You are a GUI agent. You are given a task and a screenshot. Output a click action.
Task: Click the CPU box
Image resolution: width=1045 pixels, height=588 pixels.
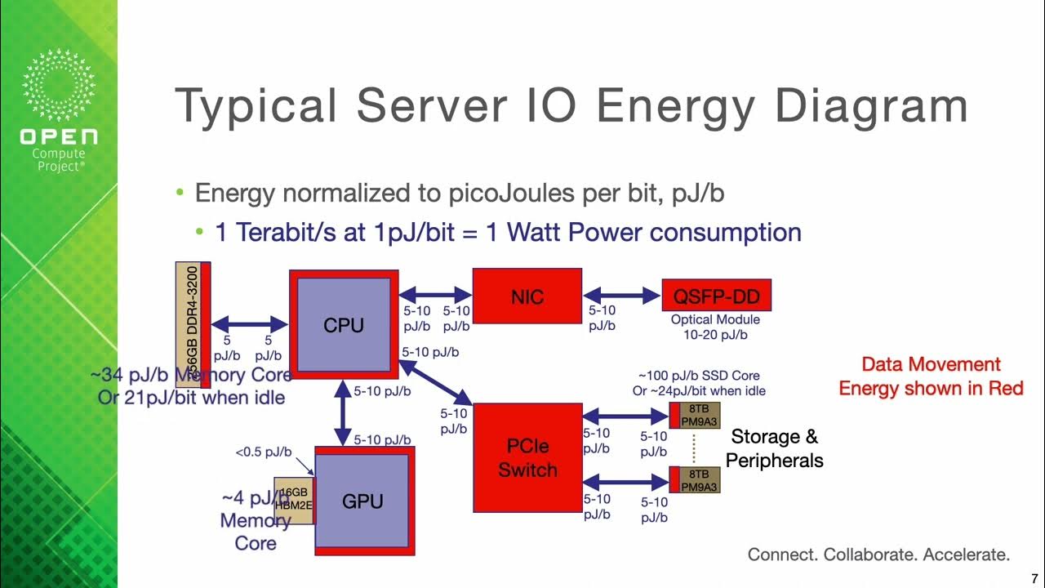344,325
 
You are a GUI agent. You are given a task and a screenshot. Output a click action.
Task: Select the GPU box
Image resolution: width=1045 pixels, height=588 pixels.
362,501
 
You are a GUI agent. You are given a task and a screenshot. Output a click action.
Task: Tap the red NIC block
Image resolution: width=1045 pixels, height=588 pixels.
527,296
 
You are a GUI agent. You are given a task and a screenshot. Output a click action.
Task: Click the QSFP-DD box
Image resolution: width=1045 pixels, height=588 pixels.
716,296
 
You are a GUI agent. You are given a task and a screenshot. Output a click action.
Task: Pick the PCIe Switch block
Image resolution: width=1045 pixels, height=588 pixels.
527,458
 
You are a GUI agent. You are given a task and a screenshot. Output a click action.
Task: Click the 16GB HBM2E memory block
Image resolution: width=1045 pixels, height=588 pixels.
293,500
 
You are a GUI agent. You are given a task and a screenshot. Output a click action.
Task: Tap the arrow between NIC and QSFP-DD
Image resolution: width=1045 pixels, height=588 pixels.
621,295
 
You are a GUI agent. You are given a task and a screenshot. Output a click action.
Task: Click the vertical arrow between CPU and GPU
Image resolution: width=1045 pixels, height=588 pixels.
343,414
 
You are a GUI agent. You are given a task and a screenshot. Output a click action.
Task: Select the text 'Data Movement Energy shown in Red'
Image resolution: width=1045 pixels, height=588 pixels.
931,376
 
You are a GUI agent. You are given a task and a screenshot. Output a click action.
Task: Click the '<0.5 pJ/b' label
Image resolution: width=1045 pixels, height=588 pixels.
264,452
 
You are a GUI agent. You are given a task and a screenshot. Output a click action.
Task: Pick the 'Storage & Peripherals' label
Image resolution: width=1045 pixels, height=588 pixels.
774,448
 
